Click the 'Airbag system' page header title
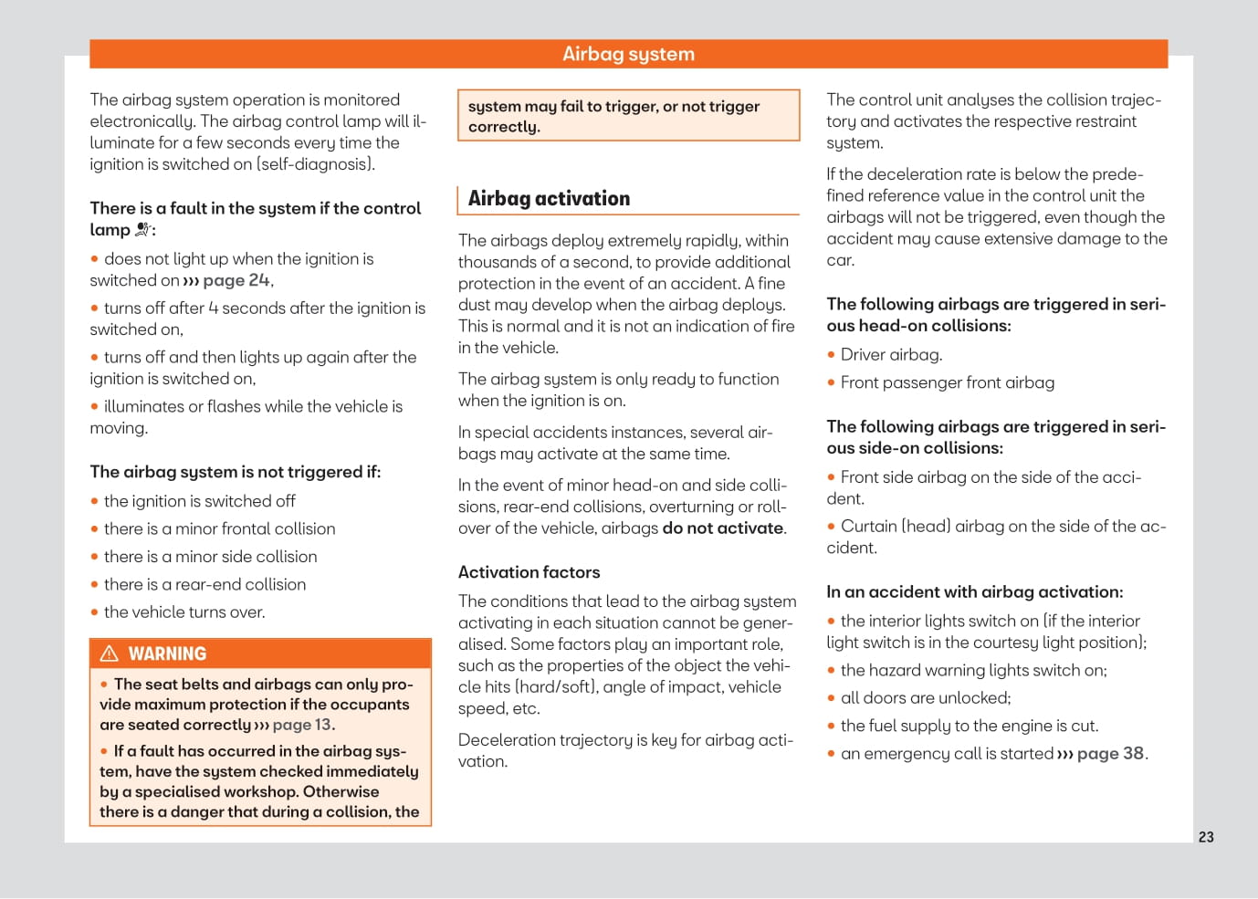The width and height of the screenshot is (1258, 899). (628, 54)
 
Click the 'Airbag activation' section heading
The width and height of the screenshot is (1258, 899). (549, 199)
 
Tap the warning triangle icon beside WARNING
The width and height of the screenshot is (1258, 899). (110, 653)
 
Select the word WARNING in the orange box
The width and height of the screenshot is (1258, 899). (167, 653)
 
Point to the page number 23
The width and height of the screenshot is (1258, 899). (1206, 837)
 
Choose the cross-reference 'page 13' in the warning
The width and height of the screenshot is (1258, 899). (301, 725)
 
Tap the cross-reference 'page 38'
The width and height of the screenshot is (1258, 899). (1109, 754)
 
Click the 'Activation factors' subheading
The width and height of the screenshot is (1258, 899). (529, 572)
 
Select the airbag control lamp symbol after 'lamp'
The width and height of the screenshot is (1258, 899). (142, 230)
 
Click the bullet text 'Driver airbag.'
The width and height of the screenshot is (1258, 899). (891, 355)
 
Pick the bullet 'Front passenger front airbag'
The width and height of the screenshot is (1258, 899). (947, 383)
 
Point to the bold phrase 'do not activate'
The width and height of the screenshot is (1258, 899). (722, 528)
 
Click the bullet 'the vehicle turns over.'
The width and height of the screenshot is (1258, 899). (184, 612)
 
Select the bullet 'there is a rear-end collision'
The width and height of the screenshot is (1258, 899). (204, 585)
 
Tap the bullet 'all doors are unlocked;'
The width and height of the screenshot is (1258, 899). (925, 698)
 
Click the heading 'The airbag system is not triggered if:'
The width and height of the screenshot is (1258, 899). (235, 472)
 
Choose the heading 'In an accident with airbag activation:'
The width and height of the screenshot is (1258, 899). (974, 592)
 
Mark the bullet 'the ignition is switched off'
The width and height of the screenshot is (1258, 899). (199, 501)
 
